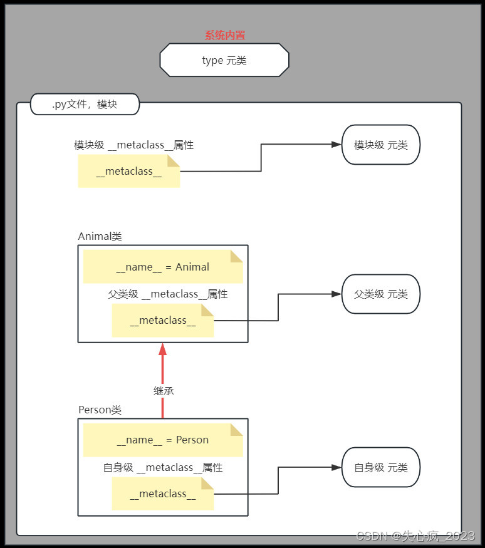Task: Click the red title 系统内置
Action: click(x=224, y=36)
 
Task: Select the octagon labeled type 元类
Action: click(x=224, y=60)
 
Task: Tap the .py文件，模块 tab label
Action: click(x=85, y=105)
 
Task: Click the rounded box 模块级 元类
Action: click(x=380, y=145)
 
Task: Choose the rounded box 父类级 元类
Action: click(x=380, y=294)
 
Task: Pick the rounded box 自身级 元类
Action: click(x=380, y=467)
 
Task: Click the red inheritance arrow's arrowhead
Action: click(x=163, y=348)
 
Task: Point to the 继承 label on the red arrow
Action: click(x=163, y=391)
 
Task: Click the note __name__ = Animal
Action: click(x=163, y=267)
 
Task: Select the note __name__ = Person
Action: click(x=163, y=440)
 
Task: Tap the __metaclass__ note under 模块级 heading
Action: click(x=129, y=172)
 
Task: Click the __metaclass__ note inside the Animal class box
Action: click(x=163, y=321)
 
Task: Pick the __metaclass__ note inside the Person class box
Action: click(x=163, y=494)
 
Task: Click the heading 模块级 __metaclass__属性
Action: click(x=133, y=145)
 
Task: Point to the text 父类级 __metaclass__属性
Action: click(x=167, y=294)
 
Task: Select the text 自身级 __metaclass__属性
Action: click(x=163, y=468)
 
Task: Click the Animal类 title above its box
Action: click(x=100, y=236)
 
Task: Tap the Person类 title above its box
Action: click(x=100, y=410)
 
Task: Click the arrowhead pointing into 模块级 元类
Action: click(x=336, y=145)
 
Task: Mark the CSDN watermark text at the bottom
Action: click(x=415, y=535)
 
